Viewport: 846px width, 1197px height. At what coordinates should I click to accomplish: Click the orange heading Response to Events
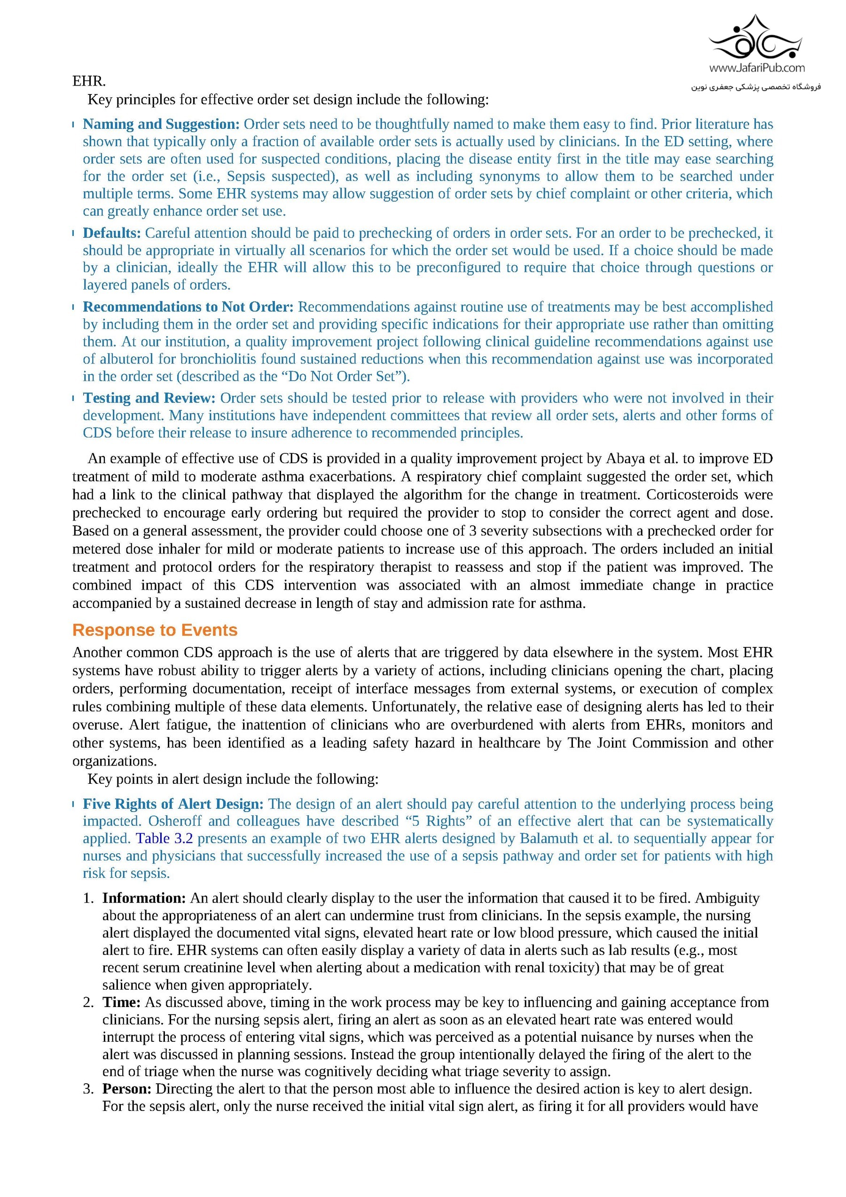(x=155, y=630)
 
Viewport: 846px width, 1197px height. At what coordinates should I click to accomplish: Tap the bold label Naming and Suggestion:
(x=161, y=124)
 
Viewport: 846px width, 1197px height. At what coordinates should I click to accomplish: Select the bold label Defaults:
(x=111, y=233)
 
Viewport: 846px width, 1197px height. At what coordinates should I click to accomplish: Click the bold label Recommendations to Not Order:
(x=188, y=307)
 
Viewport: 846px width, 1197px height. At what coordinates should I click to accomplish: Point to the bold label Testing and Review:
(x=149, y=398)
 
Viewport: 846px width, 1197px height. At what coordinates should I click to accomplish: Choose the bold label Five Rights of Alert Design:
(x=173, y=804)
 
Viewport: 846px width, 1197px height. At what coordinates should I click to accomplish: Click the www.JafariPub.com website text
(x=756, y=68)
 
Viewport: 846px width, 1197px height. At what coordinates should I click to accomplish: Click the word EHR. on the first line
(x=89, y=81)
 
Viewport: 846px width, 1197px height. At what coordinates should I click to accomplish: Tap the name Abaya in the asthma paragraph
(x=625, y=459)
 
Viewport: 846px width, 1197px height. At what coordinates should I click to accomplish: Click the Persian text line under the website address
(x=756, y=87)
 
